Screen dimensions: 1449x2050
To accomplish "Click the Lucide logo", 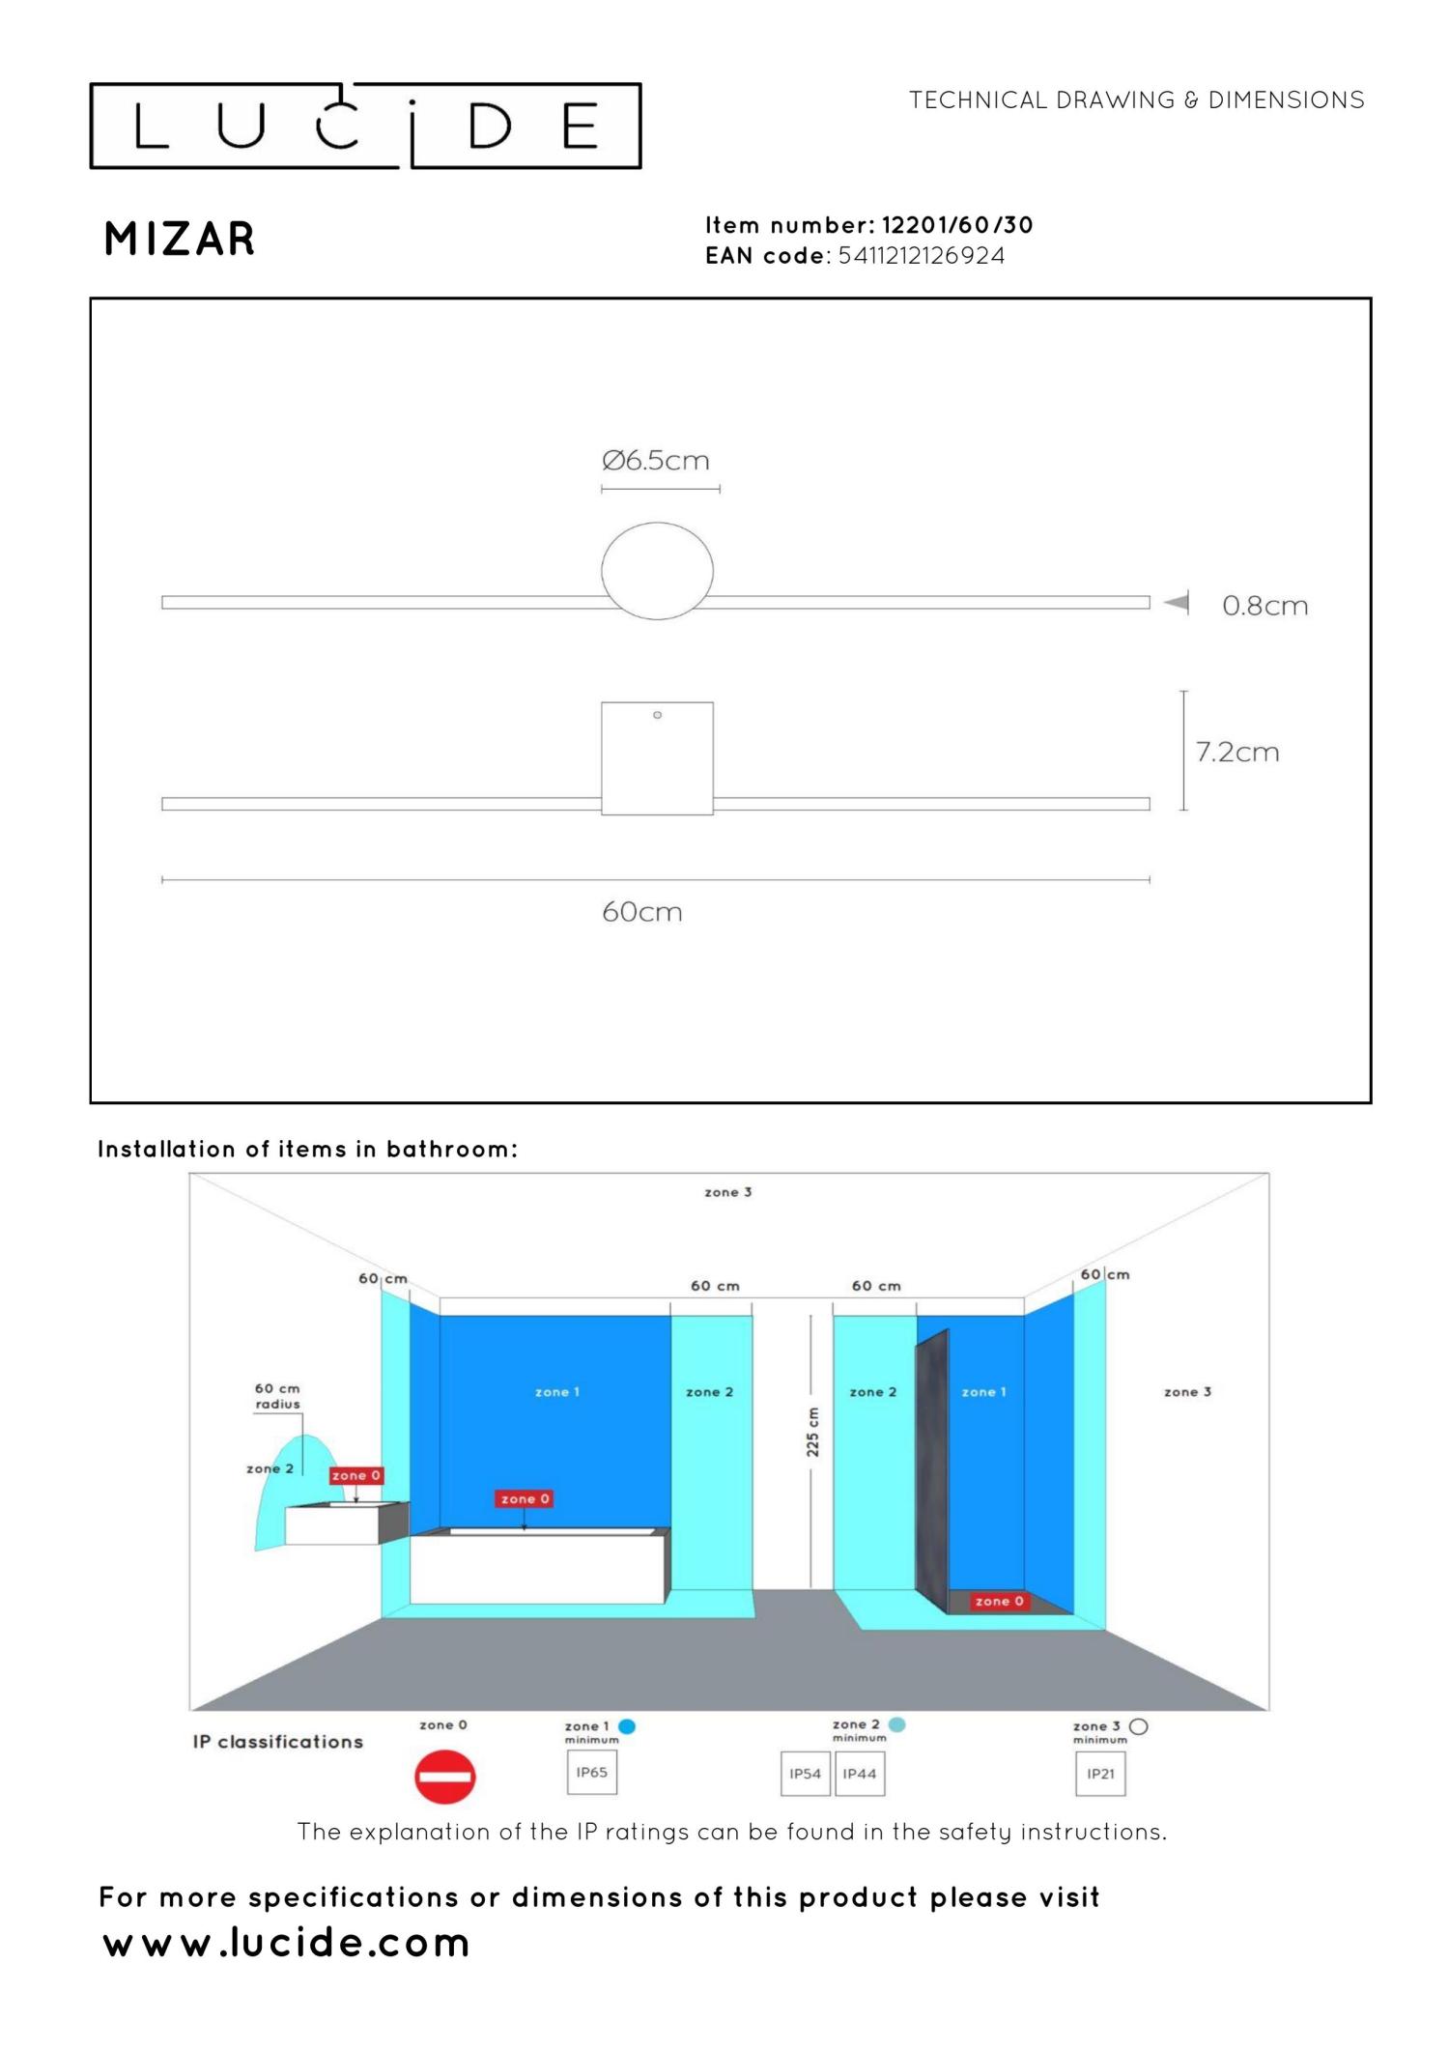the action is point(365,126).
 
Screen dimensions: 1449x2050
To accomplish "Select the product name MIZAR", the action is point(180,239).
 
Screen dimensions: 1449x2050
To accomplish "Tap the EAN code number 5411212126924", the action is point(922,256).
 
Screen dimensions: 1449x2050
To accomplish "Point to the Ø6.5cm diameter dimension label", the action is point(656,460).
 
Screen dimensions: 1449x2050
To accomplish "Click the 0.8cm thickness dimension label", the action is point(1264,606).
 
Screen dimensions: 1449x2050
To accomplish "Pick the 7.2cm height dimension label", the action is point(1237,752).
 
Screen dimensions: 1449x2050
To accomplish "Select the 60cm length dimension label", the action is point(642,912).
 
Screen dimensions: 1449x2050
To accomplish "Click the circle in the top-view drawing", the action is point(658,523).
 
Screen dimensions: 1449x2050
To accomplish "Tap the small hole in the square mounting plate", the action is point(657,715).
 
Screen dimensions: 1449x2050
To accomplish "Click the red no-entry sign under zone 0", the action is point(445,1776).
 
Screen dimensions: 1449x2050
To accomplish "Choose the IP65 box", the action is point(592,1773).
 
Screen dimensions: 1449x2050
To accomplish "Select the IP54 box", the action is point(806,1774).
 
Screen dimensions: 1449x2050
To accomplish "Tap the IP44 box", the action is point(860,1774).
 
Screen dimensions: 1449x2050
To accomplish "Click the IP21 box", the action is point(1100,1774).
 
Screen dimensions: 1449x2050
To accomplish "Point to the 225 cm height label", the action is point(812,1432).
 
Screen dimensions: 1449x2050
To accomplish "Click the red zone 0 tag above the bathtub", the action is point(525,1498).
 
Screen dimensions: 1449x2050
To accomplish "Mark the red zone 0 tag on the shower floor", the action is point(999,1601).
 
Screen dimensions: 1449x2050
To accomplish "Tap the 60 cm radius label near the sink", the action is point(277,1396).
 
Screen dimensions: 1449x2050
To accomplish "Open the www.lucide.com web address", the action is point(286,1942).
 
